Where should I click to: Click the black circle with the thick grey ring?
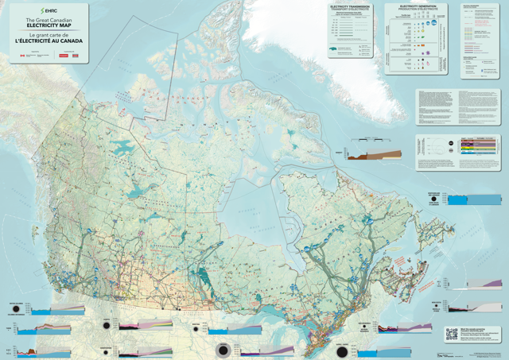224,350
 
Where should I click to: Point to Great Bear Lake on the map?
123,147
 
